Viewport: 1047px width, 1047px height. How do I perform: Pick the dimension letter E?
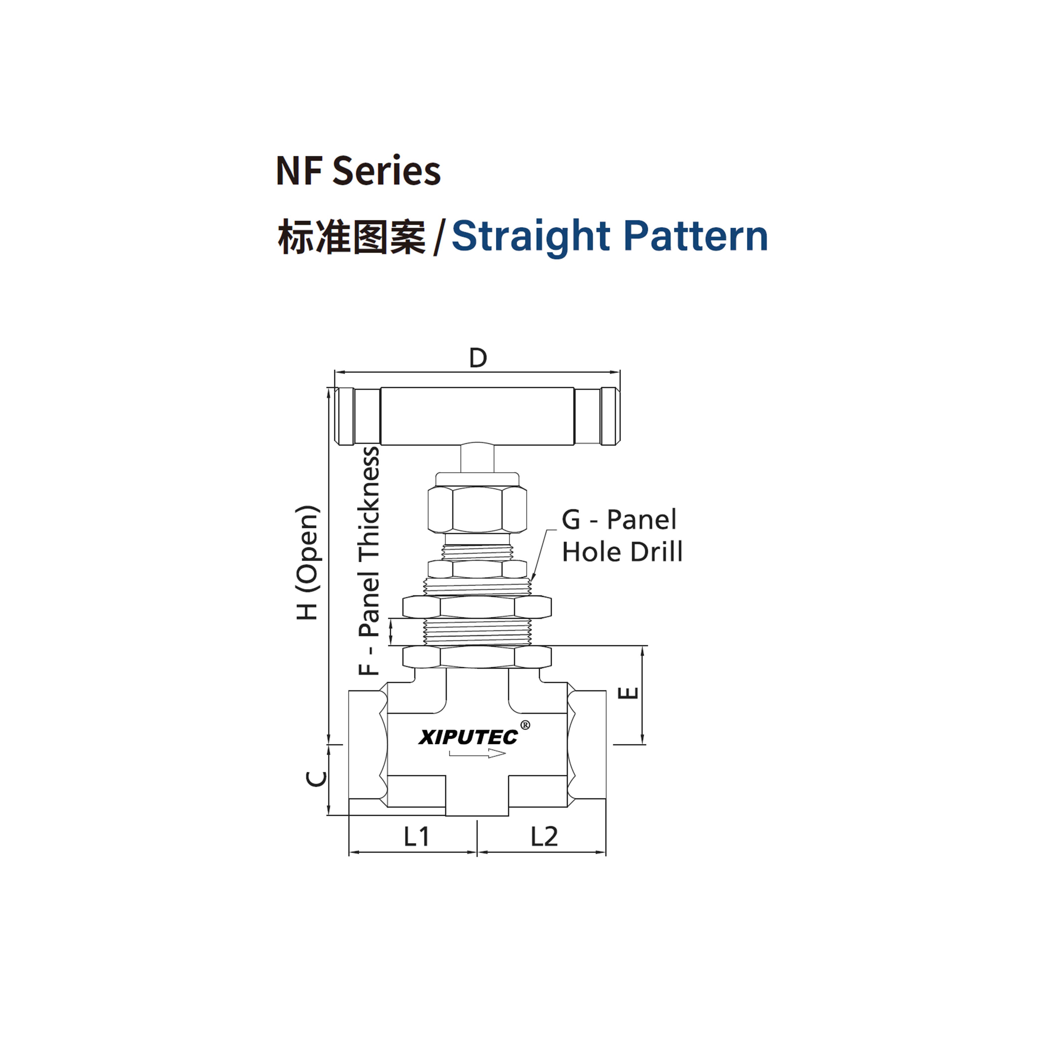629,693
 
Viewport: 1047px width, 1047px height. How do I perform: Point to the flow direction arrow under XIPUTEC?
477,753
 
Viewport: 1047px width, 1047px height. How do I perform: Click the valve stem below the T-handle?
477,458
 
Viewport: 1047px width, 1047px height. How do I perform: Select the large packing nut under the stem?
477,509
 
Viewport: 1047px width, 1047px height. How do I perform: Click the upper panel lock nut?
477,607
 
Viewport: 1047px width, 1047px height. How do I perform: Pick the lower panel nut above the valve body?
477,657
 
